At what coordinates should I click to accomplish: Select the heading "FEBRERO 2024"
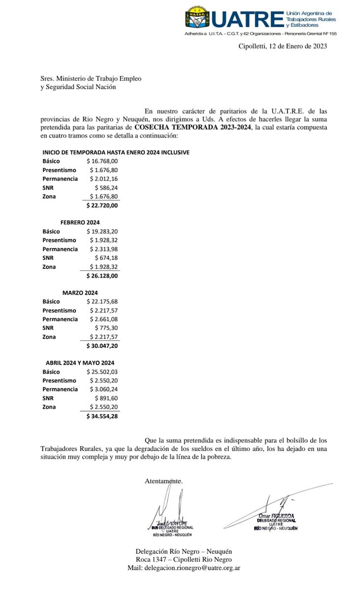(80, 222)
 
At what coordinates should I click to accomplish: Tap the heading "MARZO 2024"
(80, 293)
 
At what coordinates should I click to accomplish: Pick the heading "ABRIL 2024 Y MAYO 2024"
(80, 363)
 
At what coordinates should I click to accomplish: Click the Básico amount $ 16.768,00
(102, 161)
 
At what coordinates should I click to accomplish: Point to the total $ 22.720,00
(102, 206)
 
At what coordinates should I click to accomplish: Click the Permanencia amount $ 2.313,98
(104, 249)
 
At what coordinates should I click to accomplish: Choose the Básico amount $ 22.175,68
(102, 302)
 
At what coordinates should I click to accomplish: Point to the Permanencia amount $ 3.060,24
(104, 390)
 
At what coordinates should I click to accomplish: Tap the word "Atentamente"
(163, 481)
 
